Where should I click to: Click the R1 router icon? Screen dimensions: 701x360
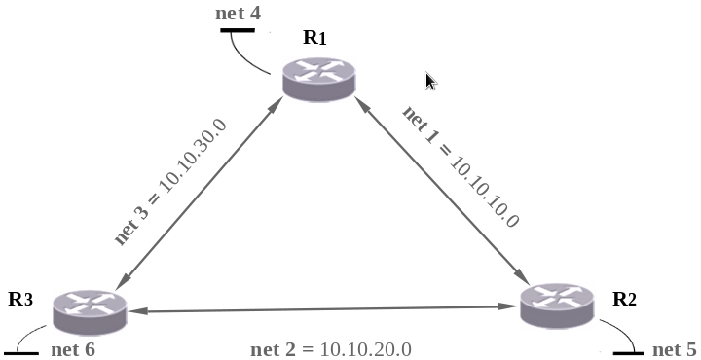[319, 79]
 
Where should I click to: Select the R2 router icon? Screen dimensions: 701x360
[558, 306]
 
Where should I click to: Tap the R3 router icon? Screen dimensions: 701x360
[90, 312]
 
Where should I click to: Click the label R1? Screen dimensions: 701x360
[314, 38]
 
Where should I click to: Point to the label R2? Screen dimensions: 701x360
[624, 299]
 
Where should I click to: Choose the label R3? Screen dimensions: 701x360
[20, 299]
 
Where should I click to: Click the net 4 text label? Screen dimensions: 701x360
[238, 13]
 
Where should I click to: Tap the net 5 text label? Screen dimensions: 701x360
[675, 349]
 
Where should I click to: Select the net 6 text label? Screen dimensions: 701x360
[73, 349]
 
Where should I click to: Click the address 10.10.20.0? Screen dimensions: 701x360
[366, 349]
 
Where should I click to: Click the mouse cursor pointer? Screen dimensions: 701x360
[430, 82]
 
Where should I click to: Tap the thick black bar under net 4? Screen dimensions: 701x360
[238, 30]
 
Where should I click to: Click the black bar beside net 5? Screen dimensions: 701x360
[628, 354]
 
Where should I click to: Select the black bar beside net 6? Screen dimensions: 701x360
[21, 354]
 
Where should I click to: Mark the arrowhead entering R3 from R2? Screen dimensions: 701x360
[138, 311]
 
